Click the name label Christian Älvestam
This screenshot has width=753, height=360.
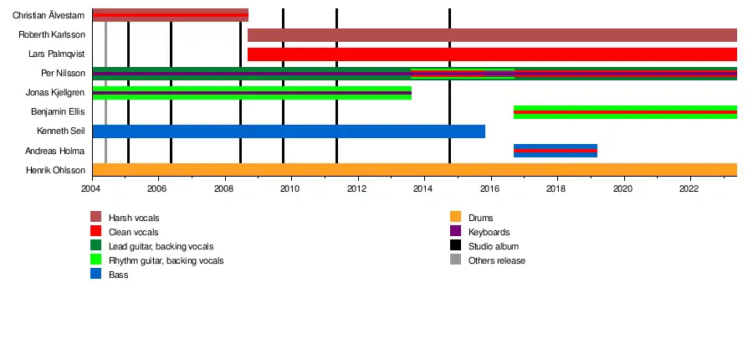point(49,15)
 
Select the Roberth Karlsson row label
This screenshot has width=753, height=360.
point(51,35)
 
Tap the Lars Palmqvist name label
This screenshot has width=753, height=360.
point(53,54)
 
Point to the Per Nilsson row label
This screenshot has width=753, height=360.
point(63,74)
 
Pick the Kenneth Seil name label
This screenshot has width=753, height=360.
point(61,131)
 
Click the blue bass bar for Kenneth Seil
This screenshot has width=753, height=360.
point(288,131)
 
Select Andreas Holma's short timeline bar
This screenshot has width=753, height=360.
point(555,151)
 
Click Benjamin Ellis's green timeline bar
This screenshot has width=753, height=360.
point(625,112)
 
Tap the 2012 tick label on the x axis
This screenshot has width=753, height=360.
point(358,188)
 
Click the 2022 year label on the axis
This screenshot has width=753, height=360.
point(689,188)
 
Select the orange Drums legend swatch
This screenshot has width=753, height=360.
point(455,218)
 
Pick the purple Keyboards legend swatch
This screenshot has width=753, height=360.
point(455,232)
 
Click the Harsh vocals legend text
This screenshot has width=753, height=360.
point(134,218)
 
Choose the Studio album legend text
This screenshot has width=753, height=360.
point(494,246)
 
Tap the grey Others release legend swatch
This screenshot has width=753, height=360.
point(455,260)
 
